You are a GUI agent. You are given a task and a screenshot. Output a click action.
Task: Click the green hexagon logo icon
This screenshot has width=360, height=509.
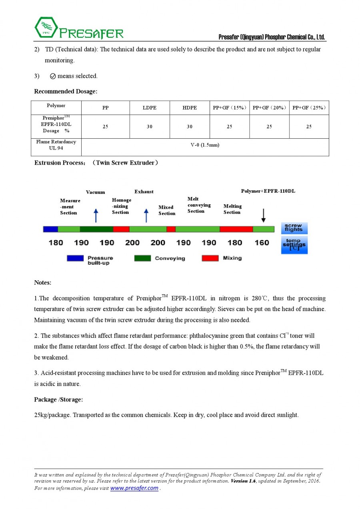click(44, 28)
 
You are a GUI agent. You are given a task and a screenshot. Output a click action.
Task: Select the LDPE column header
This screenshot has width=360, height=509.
click(150, 108)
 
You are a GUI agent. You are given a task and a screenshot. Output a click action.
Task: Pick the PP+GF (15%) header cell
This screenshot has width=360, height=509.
click(230, 108)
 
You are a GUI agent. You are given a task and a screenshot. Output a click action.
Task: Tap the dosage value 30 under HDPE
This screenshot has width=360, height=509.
click(190, 127)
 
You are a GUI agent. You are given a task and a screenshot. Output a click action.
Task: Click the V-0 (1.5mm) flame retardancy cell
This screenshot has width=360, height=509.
click(205, 145)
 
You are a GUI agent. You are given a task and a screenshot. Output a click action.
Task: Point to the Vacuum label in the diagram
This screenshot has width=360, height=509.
click(96, 192)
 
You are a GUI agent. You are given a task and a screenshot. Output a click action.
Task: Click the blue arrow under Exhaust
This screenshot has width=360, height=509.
click(146, 215)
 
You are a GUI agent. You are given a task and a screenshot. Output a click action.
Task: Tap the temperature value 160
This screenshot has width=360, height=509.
click(262, 243)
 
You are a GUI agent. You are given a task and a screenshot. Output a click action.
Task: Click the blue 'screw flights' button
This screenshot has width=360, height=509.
click(294, 228)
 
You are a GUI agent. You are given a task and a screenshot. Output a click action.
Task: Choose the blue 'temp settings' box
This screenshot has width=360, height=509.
click(294, 245)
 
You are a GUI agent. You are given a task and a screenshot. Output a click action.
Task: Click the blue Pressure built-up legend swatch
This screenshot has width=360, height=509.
click(75, 258)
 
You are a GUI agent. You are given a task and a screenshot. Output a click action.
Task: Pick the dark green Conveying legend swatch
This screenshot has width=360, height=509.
click(142, 258)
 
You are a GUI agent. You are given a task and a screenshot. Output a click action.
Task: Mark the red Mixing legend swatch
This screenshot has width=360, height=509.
click(210, 258)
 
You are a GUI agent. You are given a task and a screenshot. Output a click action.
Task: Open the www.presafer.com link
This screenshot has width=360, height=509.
click(134, 488)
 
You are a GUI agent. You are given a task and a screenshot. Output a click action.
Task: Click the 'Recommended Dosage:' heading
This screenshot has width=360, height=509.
click(66, 92)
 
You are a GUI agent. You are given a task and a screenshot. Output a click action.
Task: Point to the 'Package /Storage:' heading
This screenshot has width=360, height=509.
click(58, 399)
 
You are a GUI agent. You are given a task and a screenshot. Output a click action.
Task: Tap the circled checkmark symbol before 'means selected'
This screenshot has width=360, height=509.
click(53, 76)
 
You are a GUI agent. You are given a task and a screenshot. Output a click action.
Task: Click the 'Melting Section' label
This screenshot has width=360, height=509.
click(232, 209)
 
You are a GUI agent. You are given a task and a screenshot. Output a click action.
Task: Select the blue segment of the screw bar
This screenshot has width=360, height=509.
click(50, 229)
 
